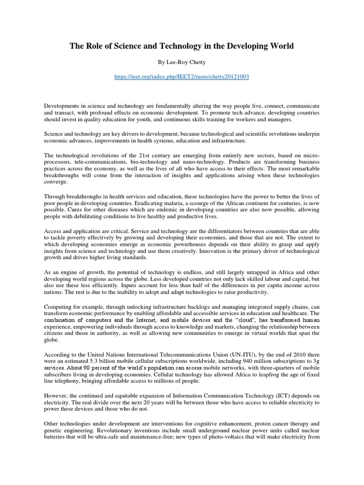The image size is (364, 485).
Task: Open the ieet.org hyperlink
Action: coord(182,77)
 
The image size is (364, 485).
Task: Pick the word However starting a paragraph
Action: coord(56,395)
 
